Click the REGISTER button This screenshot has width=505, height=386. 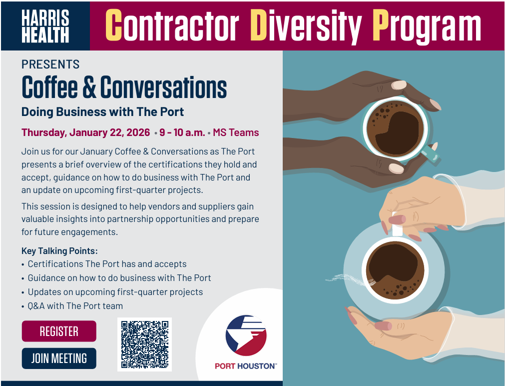[x=59, y=331]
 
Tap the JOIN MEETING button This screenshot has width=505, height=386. [x=59, y=358]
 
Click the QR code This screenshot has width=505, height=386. [x=145, y=344]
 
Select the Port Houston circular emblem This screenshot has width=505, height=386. [x=246, y=335]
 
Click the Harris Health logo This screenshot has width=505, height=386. [x=45, y=26]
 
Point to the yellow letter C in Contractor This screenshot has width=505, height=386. [x=114, y=25]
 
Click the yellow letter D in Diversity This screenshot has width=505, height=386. [x=259, y=25]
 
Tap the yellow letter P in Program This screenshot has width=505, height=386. [x=381, y=25]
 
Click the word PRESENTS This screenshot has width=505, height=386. [x=50, y=64]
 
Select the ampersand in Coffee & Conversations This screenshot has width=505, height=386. [x=89, y=87]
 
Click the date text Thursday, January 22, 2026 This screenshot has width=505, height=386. [x=86, y=132]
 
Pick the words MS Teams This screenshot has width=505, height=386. [x=236, y=132]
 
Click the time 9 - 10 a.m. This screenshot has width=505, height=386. [x=182, y=132]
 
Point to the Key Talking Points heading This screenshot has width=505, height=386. [x=59, y=251]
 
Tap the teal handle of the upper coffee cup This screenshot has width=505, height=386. [x=431, y=153]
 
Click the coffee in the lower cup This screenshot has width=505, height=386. [x=395, y=270]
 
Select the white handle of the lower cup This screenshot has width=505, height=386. [x=397, y=225]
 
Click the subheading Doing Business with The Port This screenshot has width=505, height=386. [x=102, y=112]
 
